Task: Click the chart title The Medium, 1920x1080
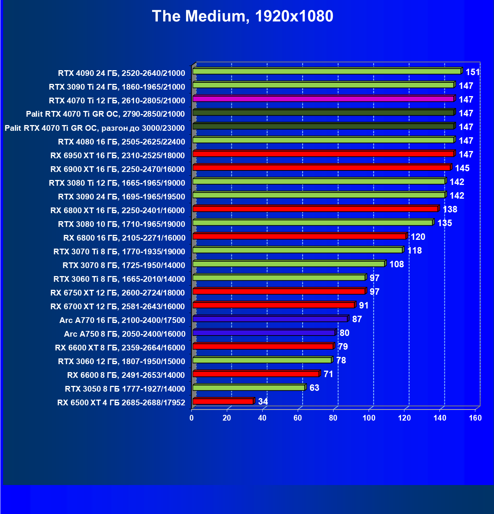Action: coord(242,16)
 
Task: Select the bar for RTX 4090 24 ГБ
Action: coord(327,71)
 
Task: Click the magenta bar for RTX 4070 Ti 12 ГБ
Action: coord(323,99)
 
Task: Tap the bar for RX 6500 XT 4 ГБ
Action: coord(223,401)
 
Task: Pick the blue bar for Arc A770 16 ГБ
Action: coord(270,319)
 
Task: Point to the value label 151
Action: coord(473,72)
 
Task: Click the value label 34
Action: coord(263,402)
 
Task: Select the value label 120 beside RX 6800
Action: coord(418,237)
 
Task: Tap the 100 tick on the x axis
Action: coord(369,418)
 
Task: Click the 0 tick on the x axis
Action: coord(191,418)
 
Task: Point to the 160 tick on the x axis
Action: coord(475,418)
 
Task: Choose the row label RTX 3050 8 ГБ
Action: coord(125,389)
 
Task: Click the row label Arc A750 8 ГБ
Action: coord(125,334)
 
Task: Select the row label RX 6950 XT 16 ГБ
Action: coord(117,156)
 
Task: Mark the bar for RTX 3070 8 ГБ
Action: coord(289,264)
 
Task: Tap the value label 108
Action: coord(396,264)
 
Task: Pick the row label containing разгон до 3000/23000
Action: coord(95,128)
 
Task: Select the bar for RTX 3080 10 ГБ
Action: coord(313,222)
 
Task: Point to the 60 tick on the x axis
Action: coord(298,418)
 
